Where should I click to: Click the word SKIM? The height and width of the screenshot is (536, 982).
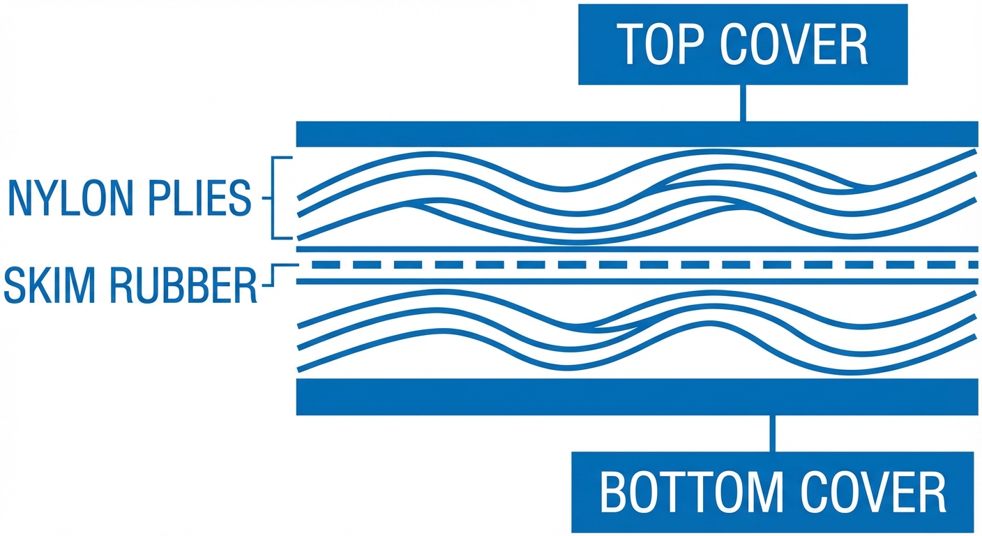[x=49, y=285]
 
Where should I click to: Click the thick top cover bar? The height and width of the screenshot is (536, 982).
[x=636, y=134]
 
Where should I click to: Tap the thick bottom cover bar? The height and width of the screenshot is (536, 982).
[x=636, y=396]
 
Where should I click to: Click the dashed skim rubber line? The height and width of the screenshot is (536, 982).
[x=636, y=265]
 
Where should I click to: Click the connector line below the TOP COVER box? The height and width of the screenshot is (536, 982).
[x=743, y=103]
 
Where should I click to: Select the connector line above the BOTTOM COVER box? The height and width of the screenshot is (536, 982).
[x=772, y=433]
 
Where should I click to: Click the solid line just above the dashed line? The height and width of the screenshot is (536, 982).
[x=636, y=248]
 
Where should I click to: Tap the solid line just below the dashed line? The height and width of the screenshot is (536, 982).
[x=636, y=281]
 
